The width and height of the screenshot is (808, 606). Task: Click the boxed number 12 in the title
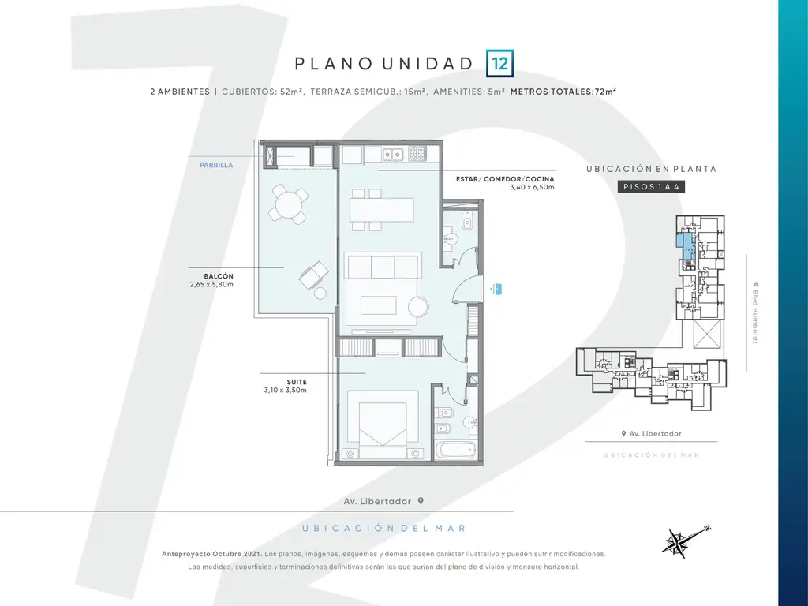pos(499,63)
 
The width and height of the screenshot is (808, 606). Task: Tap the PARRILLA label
pos(216,165)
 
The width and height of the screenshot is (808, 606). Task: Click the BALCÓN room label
pos(219,276)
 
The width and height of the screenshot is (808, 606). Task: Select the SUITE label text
pos(297,382)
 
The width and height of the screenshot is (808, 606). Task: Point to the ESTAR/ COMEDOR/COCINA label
pos(505,179)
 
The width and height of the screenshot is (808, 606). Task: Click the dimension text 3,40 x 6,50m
pos(533,187)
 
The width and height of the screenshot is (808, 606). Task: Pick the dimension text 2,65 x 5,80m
pos(211,284)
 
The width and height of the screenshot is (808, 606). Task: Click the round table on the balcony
pos(289,204)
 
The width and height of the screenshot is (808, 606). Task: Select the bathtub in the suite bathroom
pos(455,450)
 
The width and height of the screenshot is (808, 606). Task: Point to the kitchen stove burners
pos(418,153)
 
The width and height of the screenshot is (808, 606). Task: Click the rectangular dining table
pos(382,210)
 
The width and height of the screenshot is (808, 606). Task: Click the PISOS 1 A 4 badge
pos(651,186)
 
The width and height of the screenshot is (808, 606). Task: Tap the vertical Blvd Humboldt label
pos(755,312)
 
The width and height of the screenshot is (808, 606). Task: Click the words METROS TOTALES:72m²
pos(563,92)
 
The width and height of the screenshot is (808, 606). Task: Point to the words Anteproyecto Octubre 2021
pos(211,554)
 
